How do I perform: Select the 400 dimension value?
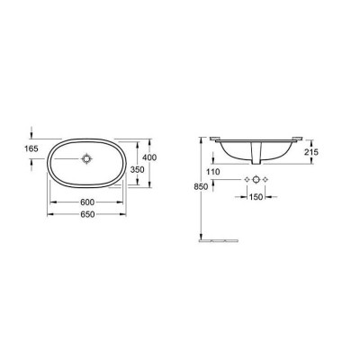161,157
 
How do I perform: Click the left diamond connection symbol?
245,180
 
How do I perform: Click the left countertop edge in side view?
212,139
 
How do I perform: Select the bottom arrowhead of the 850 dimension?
201,238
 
